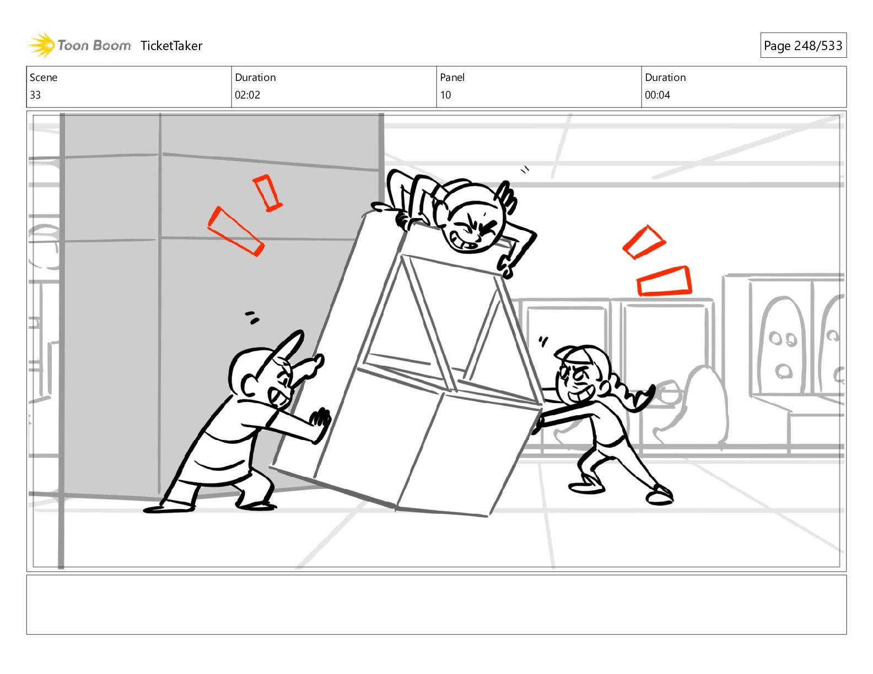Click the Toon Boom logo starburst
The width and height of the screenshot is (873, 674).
pos(42,45)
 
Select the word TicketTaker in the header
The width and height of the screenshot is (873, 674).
pos(171,46)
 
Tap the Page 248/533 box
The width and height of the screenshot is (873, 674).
pos(803,45)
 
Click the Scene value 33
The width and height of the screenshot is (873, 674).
pos(35,95)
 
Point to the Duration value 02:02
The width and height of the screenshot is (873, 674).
pos(247,95)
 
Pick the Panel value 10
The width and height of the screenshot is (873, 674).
pos(445,95)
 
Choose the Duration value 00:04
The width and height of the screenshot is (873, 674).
pos(658,95)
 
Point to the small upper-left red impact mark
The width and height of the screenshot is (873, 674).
pos(267,193)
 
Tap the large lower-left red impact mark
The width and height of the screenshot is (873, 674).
pos(235,231)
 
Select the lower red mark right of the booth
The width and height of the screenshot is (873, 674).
pos(664,281)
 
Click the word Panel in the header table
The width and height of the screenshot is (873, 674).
pos(452,78)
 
